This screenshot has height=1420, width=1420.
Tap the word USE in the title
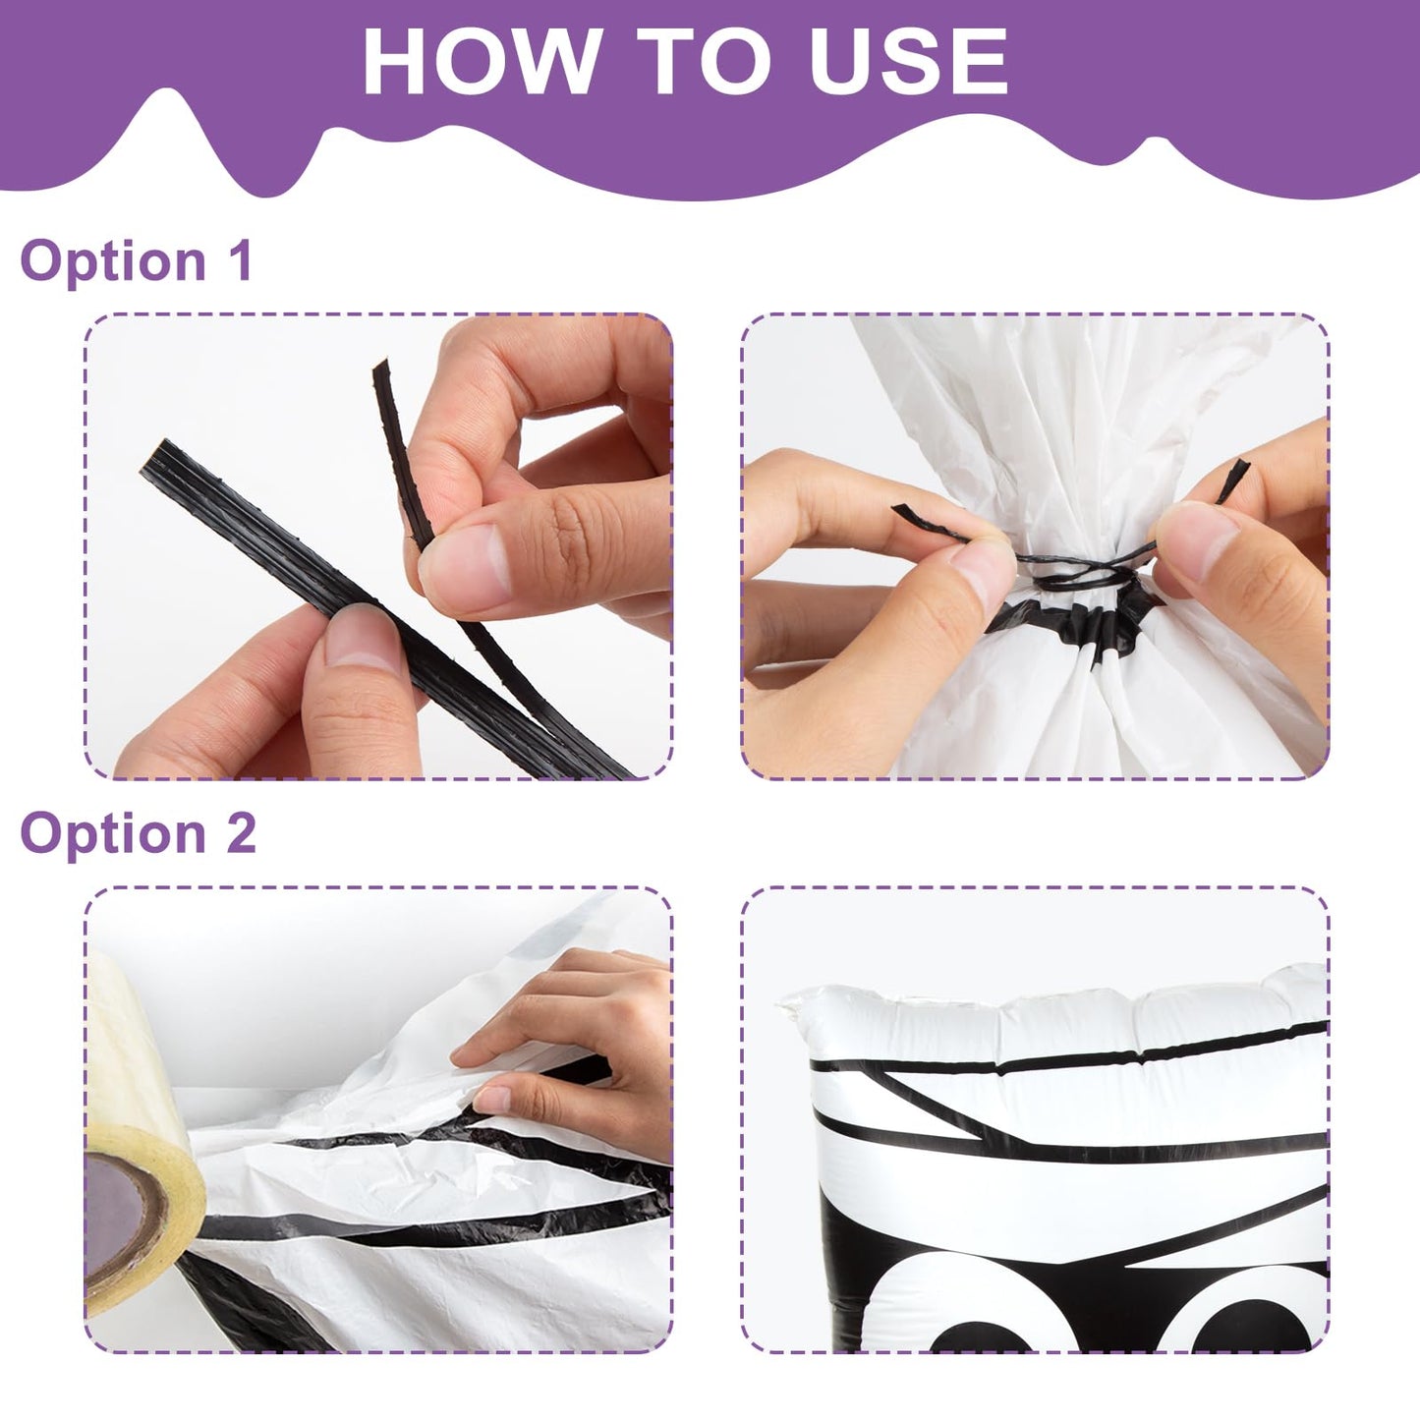point(908,60)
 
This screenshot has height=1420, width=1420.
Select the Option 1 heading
point(137,260)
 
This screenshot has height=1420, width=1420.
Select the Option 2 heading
point(139,833)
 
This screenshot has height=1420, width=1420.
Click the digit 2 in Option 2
point(240,832)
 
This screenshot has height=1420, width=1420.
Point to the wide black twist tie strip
point(369,604)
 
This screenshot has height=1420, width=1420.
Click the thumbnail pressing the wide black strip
point(361,634)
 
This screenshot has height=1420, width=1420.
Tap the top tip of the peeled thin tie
point(380,364)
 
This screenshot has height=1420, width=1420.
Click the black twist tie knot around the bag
point(1083,571)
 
